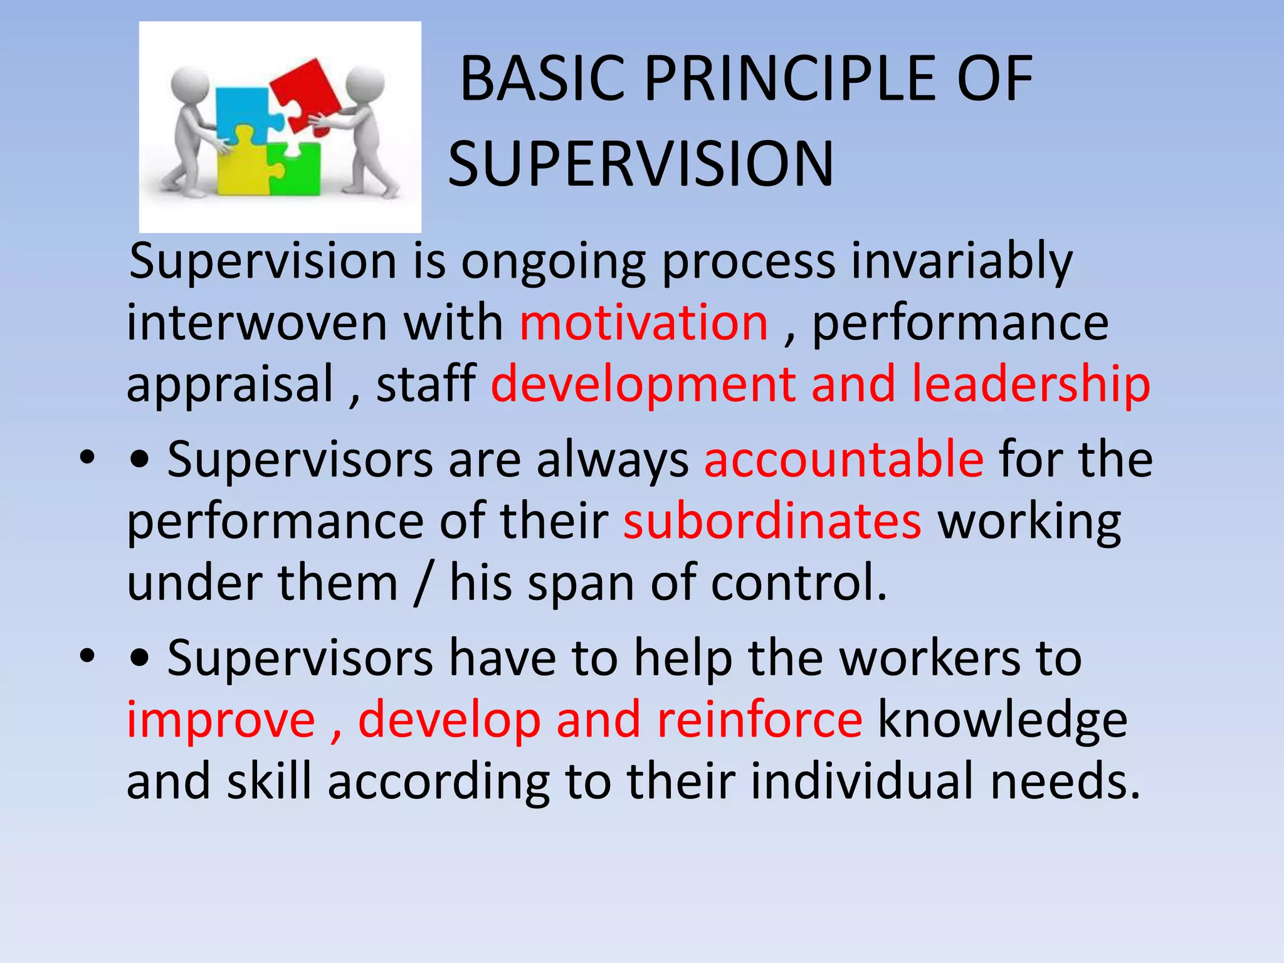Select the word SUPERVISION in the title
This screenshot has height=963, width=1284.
point(641,164)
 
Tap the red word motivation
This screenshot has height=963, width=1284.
point(644,323)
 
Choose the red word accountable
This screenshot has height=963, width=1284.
point(843,460)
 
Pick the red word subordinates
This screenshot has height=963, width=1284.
point(772,521)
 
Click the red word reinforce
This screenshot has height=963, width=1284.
point(759,720)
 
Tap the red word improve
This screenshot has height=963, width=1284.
point(221,720)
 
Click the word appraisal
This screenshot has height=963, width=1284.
point(230,384)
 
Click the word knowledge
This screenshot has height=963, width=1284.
point(1002,720)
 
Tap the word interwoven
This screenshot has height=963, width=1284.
point(257,323)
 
